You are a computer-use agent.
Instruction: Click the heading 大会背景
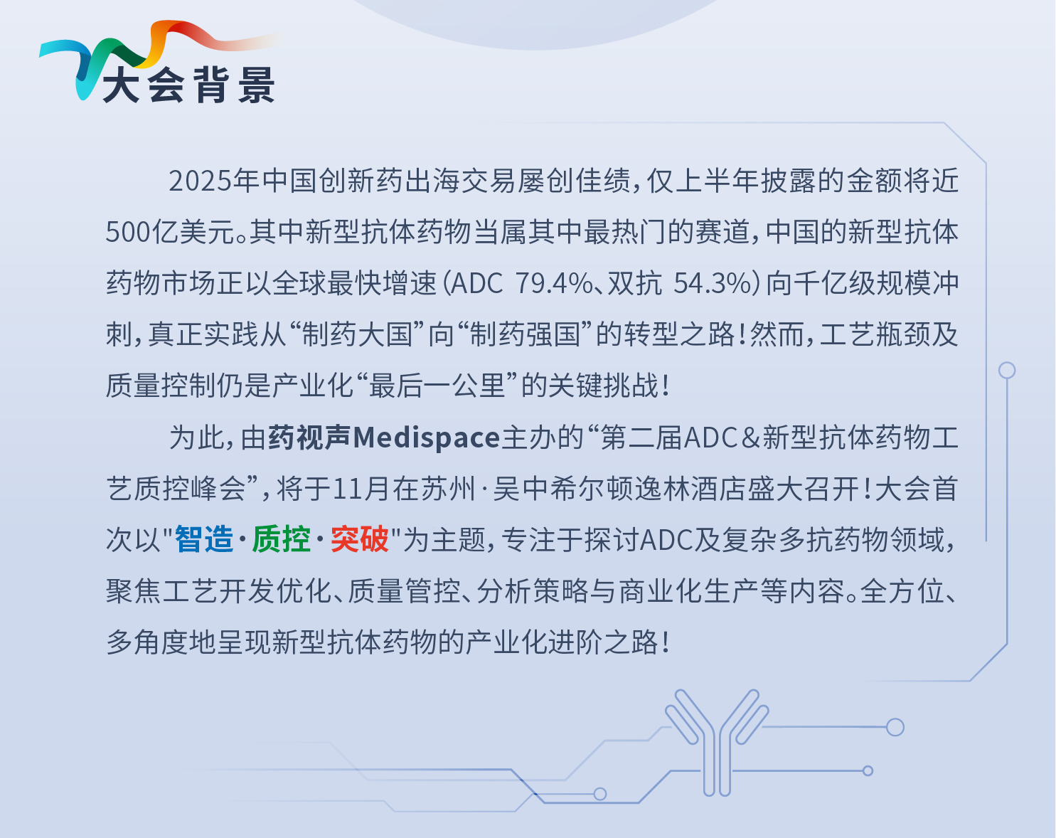[x=188, y=85]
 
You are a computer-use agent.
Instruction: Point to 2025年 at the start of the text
[x=213, y=181]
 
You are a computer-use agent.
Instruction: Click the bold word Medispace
[x=426, y=437]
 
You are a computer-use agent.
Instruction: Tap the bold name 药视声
[x=309, y=437]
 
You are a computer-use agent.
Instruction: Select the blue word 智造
[x=204, y=539]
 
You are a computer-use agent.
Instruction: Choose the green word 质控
[x=282, y=539]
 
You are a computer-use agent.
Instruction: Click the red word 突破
[x=360, y=539]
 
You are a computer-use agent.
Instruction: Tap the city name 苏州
[x=447, y=489]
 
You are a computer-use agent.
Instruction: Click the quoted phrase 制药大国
[x=357, y=334]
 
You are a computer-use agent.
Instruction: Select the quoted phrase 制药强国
[x=525, y=334]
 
